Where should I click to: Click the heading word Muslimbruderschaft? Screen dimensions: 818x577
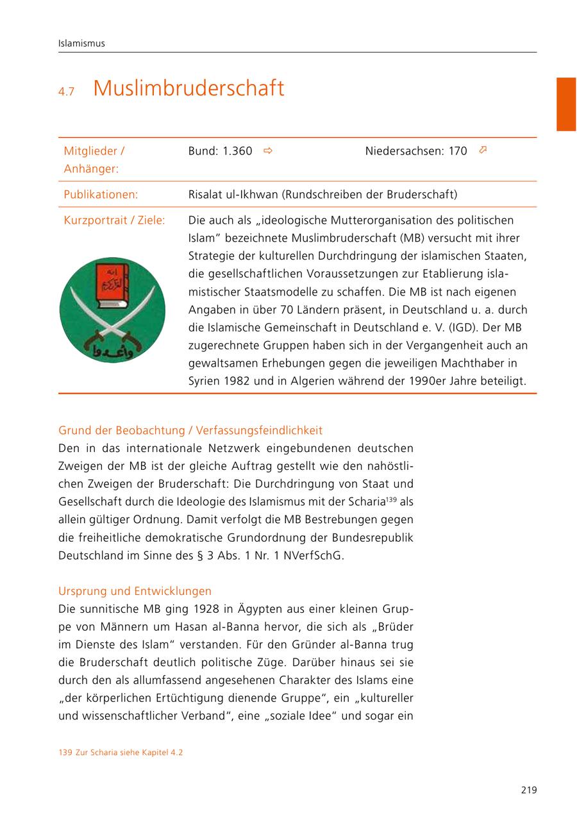pos(188,88)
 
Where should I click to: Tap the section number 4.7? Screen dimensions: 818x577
pos(66,92)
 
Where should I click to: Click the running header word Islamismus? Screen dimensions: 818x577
pos(81,44)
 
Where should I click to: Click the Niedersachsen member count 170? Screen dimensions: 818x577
pos(458,151)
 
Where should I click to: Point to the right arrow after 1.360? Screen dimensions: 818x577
pos(268,151)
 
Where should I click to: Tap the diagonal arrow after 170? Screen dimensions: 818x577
pos(483,150)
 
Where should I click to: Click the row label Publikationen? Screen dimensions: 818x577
pos(101,194)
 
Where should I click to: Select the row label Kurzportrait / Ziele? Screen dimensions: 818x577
pos(114,220)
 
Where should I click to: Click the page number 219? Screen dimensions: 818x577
pos(528,790)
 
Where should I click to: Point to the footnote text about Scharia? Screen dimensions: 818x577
pos(121,753)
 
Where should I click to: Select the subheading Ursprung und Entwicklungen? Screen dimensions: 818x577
pos(135,591)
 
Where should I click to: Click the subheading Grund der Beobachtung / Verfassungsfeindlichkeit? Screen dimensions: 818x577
pos(190,430)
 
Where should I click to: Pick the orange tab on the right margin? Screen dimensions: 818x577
pos(566,104)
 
